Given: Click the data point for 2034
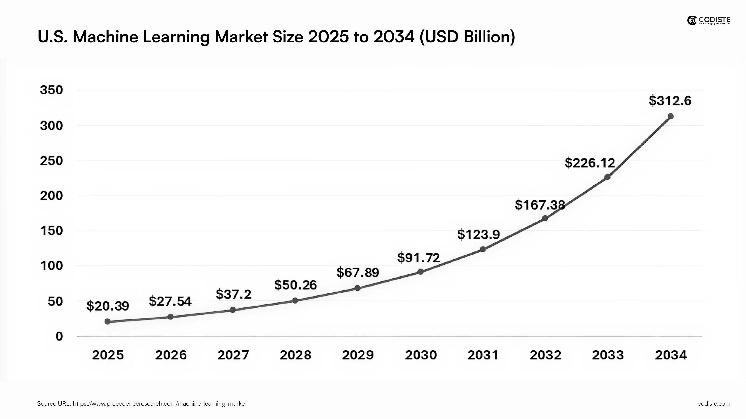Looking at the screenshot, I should coord(670,116).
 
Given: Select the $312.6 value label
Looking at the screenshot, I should coord(670,101).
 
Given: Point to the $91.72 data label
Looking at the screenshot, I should coord(418,258).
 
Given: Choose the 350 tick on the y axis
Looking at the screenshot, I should coord(51,90).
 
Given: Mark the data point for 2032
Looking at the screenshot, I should coord(545,218).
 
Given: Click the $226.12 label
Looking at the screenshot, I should coord(590,163).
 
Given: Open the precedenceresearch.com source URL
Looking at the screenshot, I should coord(159,403).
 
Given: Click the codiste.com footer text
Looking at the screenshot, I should coord(714,403).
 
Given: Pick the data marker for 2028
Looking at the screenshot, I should coord(295,300).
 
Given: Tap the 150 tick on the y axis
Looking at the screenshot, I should coord(51,231).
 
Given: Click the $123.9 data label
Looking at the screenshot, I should coord(478,234).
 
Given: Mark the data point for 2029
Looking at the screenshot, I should coord(357,288).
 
